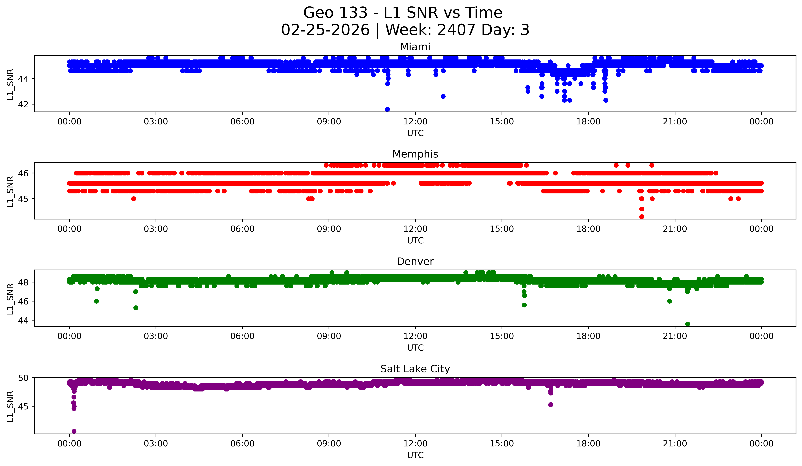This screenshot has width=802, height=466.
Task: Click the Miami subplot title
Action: pos(415,47)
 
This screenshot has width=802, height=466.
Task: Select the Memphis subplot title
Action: pos(415,154)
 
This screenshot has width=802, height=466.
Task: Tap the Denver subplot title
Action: pos(415,262)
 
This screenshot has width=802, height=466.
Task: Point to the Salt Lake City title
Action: pos(415,369)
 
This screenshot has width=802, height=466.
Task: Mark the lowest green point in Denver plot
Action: pos(687,324)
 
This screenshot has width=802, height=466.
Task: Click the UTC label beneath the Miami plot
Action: pos(415,133)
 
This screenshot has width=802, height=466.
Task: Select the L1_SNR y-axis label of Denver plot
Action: pos(10,299)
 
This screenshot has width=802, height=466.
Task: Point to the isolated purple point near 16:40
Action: pos(551,405)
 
